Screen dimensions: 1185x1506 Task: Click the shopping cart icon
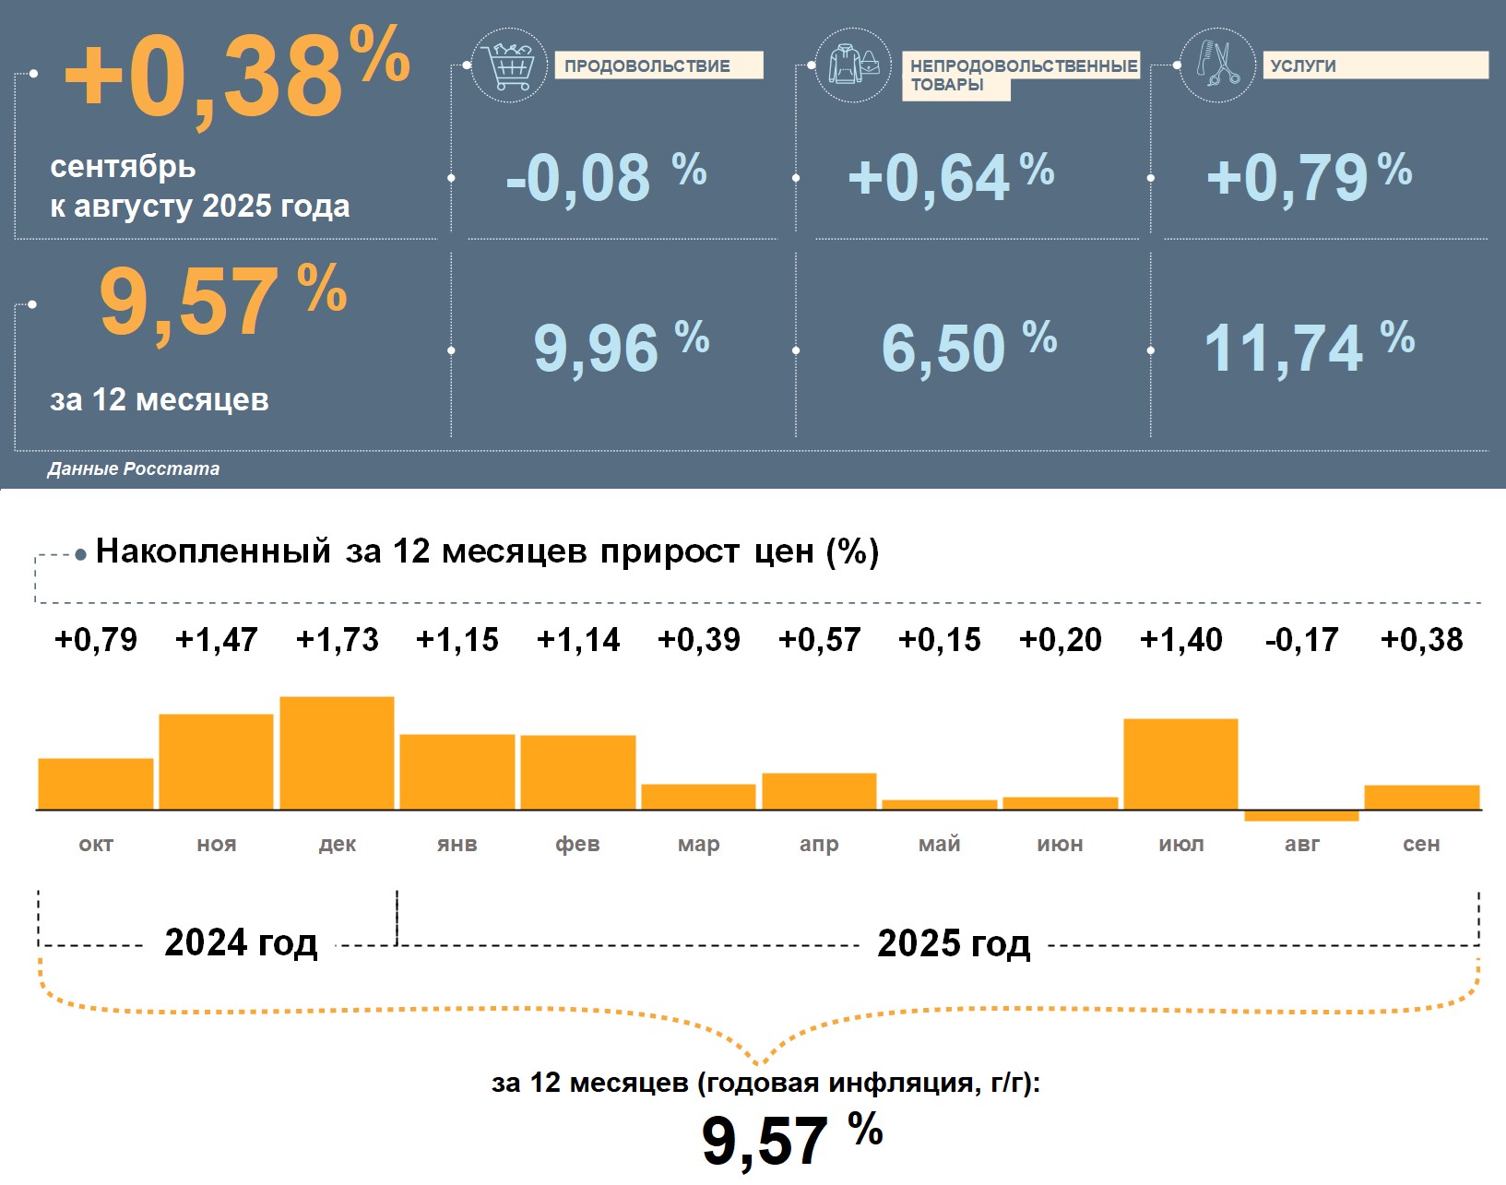[508, 65]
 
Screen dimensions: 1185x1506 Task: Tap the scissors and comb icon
[1217, 65]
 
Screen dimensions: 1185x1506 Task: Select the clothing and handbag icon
[853, 65]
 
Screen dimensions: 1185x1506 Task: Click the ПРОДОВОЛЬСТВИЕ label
[647, 65]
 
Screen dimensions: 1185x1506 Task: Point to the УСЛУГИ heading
[1303, 65]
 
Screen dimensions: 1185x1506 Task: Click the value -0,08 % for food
[606, 177]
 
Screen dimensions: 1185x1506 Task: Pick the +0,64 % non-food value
[951, 177]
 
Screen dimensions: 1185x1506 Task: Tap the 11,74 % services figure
[1309, 347]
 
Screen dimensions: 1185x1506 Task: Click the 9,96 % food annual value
[621, 347]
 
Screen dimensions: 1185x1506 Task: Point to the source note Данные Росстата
[134, 468]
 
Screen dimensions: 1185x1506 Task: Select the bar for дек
[337, 752]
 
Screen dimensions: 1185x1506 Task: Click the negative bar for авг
[1301, 815]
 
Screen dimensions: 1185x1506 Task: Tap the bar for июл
[1180, 764]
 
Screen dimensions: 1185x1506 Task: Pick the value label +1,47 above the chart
[217, 639]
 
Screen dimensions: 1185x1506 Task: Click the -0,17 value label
[1301, 639]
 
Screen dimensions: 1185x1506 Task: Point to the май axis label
[940, 844]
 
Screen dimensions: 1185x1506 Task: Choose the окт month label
[96, 844]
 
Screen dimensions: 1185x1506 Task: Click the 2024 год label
[241, 942]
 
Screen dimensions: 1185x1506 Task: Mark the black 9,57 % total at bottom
[791, 1140]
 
